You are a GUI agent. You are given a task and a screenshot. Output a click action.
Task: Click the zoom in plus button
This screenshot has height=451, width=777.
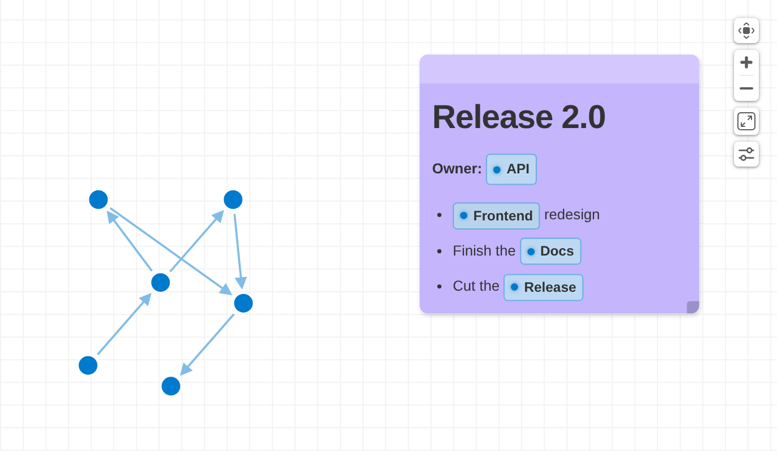click(746, 63)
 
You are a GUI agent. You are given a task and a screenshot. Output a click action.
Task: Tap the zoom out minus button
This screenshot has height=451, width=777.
click(746, 88)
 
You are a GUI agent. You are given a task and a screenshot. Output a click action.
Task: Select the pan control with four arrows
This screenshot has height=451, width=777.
click(746, 31)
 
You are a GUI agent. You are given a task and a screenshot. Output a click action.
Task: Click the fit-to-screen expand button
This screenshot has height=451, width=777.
click(746, 121)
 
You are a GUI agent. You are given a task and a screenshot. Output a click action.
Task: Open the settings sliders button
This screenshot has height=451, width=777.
click(746, 154)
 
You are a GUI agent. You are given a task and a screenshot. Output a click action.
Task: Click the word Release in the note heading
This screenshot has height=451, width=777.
click(492, 117)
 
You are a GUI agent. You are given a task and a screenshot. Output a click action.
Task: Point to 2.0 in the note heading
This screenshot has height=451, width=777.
click(583, 117)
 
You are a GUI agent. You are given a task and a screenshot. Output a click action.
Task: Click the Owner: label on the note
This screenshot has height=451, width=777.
click(457, 169)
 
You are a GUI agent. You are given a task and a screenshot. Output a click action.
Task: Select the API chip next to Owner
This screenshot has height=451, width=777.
click(511, 169)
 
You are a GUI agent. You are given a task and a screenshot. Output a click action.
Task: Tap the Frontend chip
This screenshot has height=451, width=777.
click(496, 216)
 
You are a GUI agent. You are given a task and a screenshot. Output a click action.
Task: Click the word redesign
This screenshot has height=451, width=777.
click(572, 215)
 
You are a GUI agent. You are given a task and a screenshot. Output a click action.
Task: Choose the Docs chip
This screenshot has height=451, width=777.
click(550, 251)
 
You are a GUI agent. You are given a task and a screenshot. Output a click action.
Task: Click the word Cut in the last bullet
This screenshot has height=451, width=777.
click(463, 286)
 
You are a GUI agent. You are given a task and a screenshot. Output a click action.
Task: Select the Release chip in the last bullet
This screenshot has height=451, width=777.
click(543, 288)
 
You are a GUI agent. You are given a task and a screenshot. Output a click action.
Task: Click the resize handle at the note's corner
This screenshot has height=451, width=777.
click(693, 308)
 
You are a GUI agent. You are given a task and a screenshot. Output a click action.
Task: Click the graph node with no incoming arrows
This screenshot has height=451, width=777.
click(88, 365)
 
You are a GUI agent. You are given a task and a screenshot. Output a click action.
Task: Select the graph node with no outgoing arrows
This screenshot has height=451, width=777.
click(171, 386)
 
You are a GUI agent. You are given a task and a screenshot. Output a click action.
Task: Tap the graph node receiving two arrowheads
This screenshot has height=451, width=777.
click(244, 303)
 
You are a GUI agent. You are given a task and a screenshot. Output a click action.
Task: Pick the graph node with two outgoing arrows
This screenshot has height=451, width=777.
click(161, 282)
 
